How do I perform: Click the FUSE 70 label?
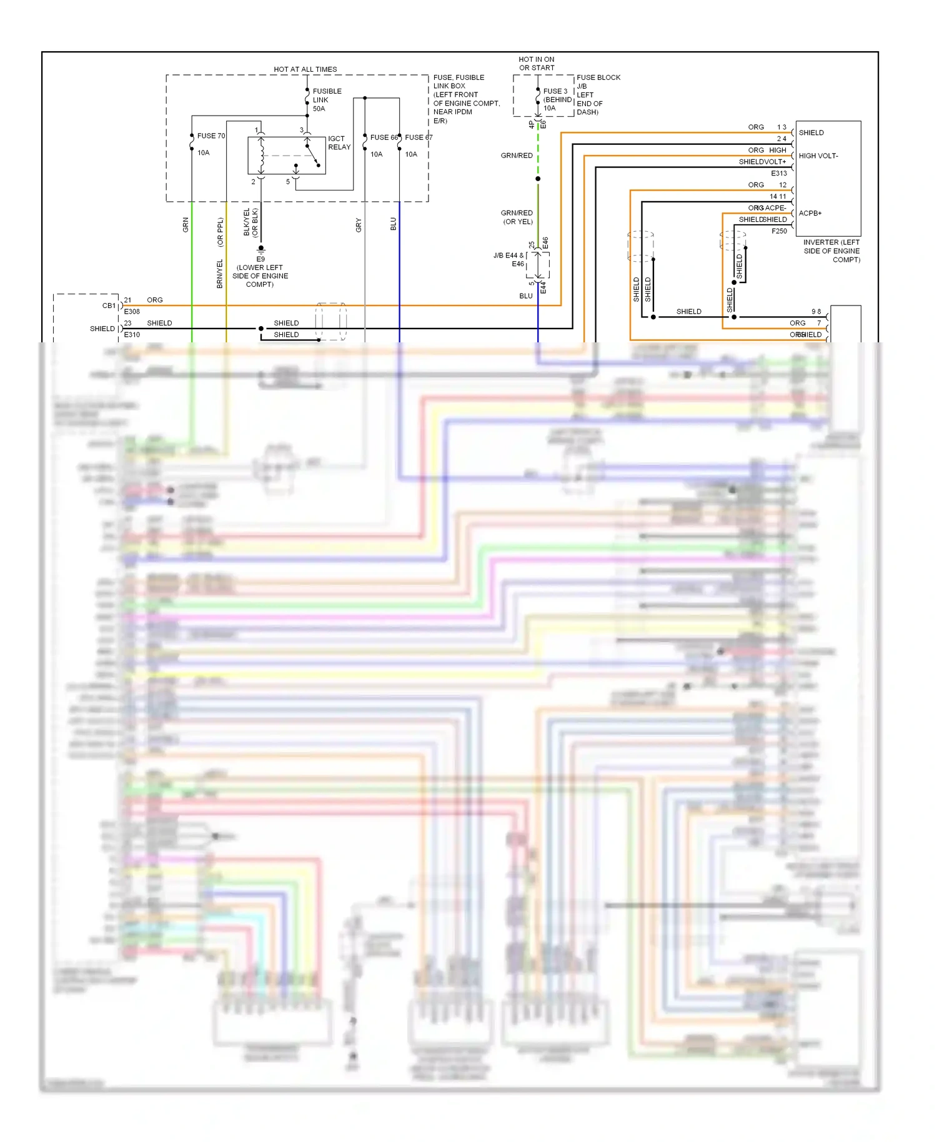coord(211,136)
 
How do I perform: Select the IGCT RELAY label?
coord(339,143)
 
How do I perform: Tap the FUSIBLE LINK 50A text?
coord(326,100)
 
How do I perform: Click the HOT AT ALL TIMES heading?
coord(305,69)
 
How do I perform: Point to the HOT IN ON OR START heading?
coord(536,64)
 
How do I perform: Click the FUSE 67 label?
coord(418,137)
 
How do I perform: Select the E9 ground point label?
coord(260,259)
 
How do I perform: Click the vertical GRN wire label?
coord(186,225)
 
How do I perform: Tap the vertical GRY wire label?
coord(359,225)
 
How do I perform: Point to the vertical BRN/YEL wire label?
coord(220,274)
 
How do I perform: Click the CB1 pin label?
coord(109,306)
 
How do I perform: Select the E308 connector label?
coord(132,312)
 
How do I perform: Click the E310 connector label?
coord(132,335)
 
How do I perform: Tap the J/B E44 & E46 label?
coord(508,259)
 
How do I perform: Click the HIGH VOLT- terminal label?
coord(818,156)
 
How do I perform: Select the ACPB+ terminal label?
coord(810,214)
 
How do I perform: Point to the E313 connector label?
coord(778,174)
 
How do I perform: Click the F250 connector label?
coord(779,231)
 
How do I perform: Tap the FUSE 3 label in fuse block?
coord(555,91)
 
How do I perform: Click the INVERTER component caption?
coord(831,251)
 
